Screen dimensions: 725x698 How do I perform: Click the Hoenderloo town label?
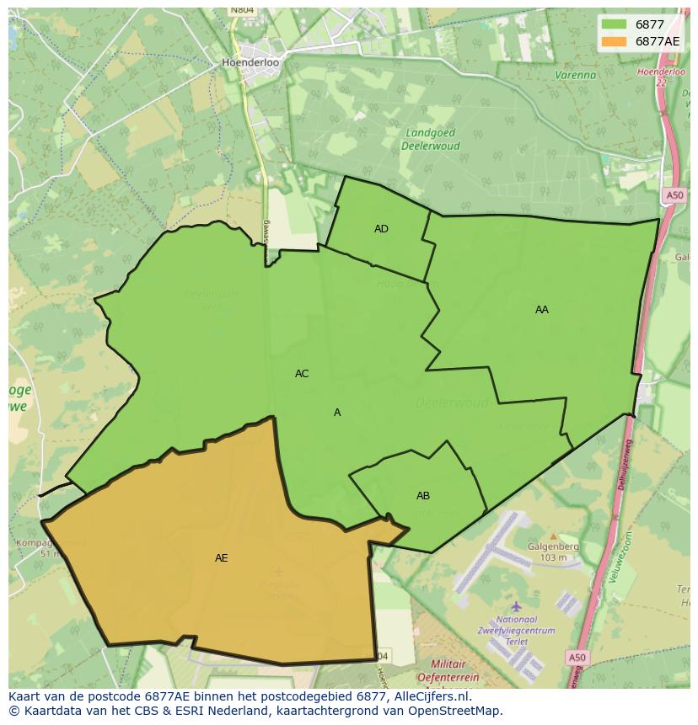pos(250,62)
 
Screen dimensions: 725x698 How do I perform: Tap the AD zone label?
pos(381,229)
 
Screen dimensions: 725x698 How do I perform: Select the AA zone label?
pos(541,310)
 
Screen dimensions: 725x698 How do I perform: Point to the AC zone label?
pos(302,374)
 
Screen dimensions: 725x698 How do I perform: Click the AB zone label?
pos(423,496)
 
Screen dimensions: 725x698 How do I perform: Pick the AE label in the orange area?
pos(221,558)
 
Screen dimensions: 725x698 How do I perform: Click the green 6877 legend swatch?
pos(615,24)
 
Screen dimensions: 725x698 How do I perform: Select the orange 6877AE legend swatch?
pos(615,41)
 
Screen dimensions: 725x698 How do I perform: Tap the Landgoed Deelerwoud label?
pos(430,139)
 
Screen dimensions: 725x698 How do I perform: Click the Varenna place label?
pos(575,75)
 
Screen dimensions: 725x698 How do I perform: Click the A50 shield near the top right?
pos(674,195)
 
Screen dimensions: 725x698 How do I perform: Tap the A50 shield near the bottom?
pos(577,658)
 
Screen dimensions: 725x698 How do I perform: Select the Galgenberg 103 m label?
pos(554,552)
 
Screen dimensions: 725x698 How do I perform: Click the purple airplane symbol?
pos(516,606)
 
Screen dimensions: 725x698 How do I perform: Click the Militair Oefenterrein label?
pos(447,670)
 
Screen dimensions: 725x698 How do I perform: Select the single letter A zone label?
pos(337,413)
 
